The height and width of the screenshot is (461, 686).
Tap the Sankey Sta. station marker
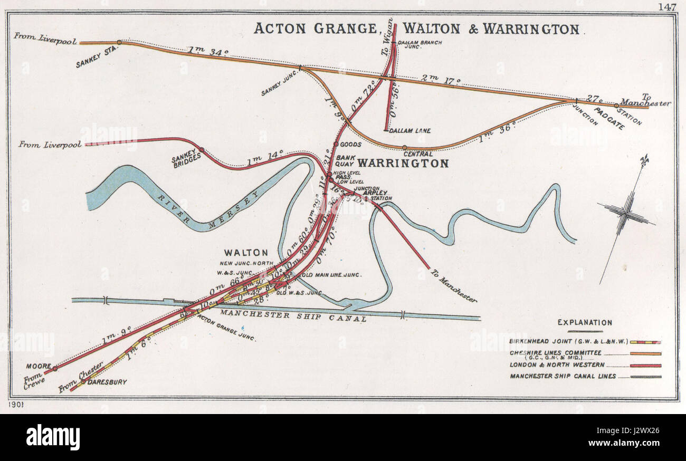point(119,42)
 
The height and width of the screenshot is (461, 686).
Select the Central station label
point(417,154)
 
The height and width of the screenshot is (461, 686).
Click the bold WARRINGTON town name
point(403,164)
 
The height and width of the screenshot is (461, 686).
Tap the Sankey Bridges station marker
point(201,150)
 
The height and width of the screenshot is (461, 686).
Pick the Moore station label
point(36,366)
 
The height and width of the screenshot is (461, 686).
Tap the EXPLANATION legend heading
point(585,323)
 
